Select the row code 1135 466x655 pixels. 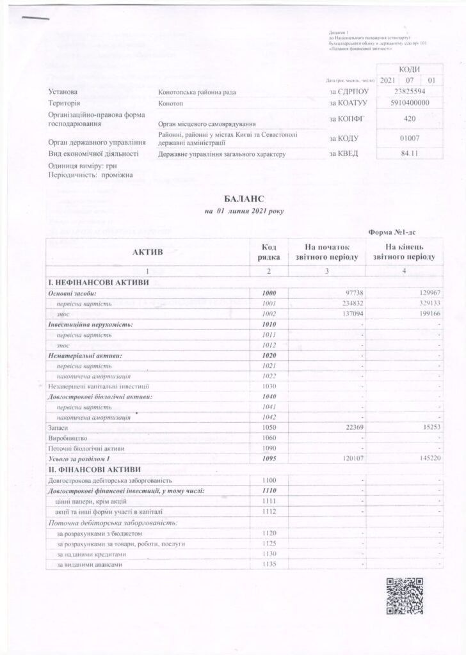[269, 565]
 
